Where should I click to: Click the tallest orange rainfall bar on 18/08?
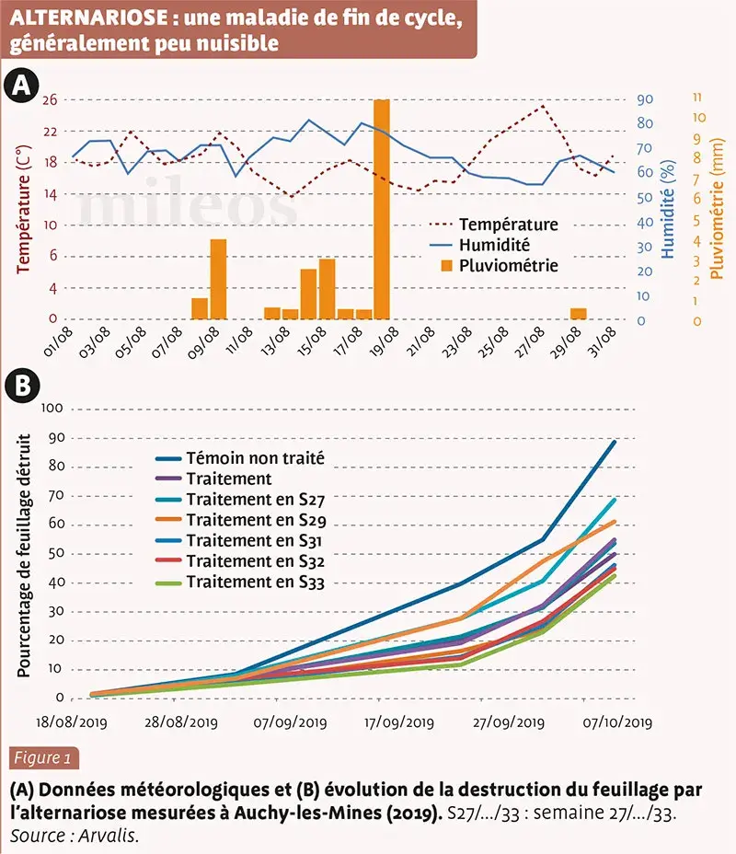382,210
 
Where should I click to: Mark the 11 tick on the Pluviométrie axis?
697,97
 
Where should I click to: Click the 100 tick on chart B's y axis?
51,409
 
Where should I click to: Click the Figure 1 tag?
42,759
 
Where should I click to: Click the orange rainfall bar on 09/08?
218,279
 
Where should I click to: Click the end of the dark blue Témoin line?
615,442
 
